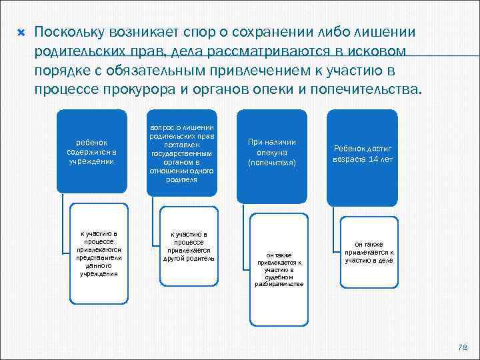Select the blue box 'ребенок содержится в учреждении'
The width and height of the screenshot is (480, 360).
pyautogui.click(x=95, y=152)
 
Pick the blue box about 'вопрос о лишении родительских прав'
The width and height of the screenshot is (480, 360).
pyautogui.click(x=183, y=153)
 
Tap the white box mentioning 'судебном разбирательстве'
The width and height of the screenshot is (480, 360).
pyautogui.click(x=279, y=269)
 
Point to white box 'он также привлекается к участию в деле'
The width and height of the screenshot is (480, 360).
pyautogui.click(x=369, y=252)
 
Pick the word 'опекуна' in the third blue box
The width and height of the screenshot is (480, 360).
pyautogui.click(x=271, y=152)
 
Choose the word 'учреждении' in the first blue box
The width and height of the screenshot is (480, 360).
pyautogui.click(x=96, y=161)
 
